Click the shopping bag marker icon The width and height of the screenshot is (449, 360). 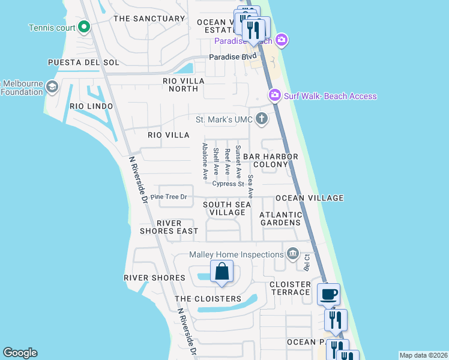(221, 272)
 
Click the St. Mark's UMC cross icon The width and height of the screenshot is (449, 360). (261, 118)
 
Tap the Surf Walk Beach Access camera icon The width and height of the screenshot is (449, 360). (275, 95)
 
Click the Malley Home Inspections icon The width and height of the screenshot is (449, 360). (293, 254)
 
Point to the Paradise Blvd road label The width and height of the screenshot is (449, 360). (229, 57)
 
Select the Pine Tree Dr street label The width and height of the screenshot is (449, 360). (169, 197)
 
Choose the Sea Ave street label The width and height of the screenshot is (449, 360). (251, 187)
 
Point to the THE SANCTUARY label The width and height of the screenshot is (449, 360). (149, 19)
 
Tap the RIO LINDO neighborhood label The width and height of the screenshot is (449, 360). (91, 106)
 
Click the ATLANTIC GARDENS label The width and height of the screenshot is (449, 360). (280, 218)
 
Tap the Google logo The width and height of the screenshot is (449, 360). (20, 353)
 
